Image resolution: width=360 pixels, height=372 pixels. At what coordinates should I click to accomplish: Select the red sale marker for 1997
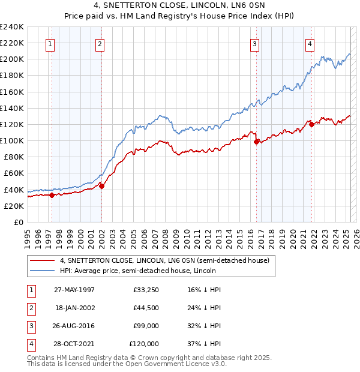click(52, 194)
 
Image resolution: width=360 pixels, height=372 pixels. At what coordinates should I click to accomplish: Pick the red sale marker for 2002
click(101, 185)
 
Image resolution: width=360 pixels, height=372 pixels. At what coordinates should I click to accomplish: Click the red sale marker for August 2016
click(257, 142)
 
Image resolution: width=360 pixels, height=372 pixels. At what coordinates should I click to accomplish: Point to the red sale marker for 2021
click(312, 124)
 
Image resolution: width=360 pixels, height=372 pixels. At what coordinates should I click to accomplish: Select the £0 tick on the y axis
click(19, 222)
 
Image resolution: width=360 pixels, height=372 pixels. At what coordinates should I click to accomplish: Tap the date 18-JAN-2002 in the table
click(75, 308)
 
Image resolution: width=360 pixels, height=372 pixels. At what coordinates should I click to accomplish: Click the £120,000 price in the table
click(145, 344)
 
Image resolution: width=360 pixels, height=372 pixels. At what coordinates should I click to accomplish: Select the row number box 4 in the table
click(31, 344)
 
